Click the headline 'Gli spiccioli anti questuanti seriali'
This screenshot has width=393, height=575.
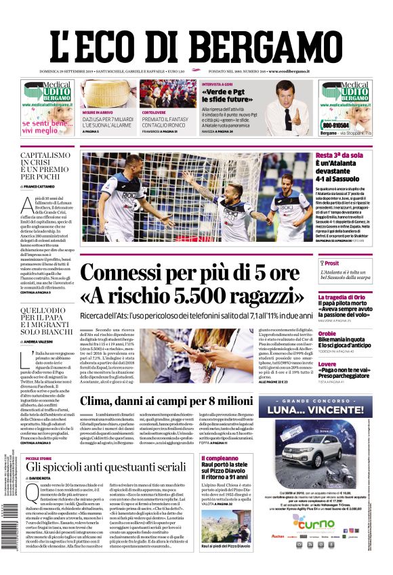coord(105,467)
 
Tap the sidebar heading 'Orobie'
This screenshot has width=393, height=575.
coord(327,333)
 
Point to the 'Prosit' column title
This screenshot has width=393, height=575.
coord(331,263)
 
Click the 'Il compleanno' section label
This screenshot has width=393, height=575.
coord(220,459)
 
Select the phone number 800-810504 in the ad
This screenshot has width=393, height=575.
coord(336,125)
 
